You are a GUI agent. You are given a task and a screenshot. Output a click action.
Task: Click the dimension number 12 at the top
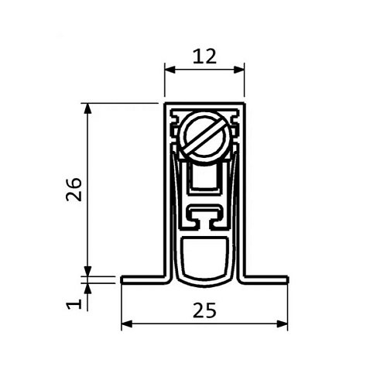coord(205,55)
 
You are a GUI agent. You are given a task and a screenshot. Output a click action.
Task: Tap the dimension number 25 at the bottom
coord(204,310)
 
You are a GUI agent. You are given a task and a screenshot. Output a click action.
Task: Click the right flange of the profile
coord(267,279)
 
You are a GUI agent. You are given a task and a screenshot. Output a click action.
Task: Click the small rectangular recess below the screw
coord(205,182)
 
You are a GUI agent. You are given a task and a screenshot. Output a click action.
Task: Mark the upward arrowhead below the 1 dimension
coord(87,287)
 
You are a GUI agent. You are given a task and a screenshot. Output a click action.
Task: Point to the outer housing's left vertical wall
coord(166,186)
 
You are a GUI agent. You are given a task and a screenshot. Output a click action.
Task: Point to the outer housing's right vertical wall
coord(245,186)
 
